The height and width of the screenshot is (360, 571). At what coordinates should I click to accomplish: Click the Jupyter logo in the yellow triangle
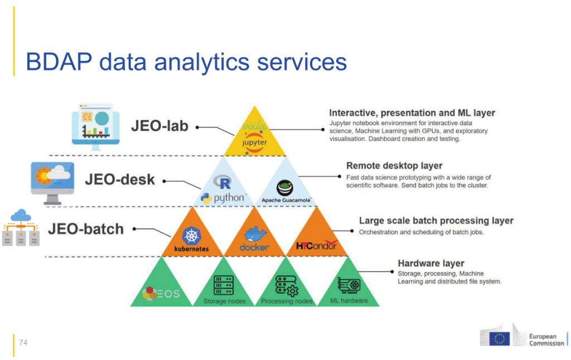coord(254,142)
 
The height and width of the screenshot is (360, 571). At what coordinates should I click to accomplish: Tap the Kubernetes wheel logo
coord(192,236)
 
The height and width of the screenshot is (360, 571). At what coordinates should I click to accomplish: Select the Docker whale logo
coord(255,235)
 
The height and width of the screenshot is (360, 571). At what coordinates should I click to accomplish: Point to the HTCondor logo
coord(317,245)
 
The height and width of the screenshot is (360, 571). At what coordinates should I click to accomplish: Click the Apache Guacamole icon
coord(285,188)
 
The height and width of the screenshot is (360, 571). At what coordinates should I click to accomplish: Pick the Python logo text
coord(229,198)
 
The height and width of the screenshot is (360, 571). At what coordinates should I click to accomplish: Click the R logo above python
coord(222,182)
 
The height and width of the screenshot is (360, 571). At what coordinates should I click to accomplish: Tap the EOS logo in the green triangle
coord(161,293)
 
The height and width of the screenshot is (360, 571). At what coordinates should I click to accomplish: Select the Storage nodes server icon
coord(224,285)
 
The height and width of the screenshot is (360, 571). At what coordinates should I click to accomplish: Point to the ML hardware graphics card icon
coord(349,285)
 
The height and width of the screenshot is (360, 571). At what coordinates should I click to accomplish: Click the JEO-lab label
coord(159,126)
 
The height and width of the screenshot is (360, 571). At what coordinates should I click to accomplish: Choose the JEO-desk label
coord(120,179)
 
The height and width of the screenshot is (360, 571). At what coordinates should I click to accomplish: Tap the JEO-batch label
coord(86,229)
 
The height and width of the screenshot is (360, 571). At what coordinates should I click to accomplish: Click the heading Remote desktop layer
coord(394,166)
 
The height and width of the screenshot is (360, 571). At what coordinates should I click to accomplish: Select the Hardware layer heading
coord(431,263)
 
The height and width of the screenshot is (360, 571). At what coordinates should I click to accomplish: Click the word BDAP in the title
coord(59,62)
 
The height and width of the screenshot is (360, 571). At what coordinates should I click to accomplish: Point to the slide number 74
coord(23,343)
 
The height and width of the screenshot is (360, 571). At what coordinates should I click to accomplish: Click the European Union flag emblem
coord(499,338)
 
